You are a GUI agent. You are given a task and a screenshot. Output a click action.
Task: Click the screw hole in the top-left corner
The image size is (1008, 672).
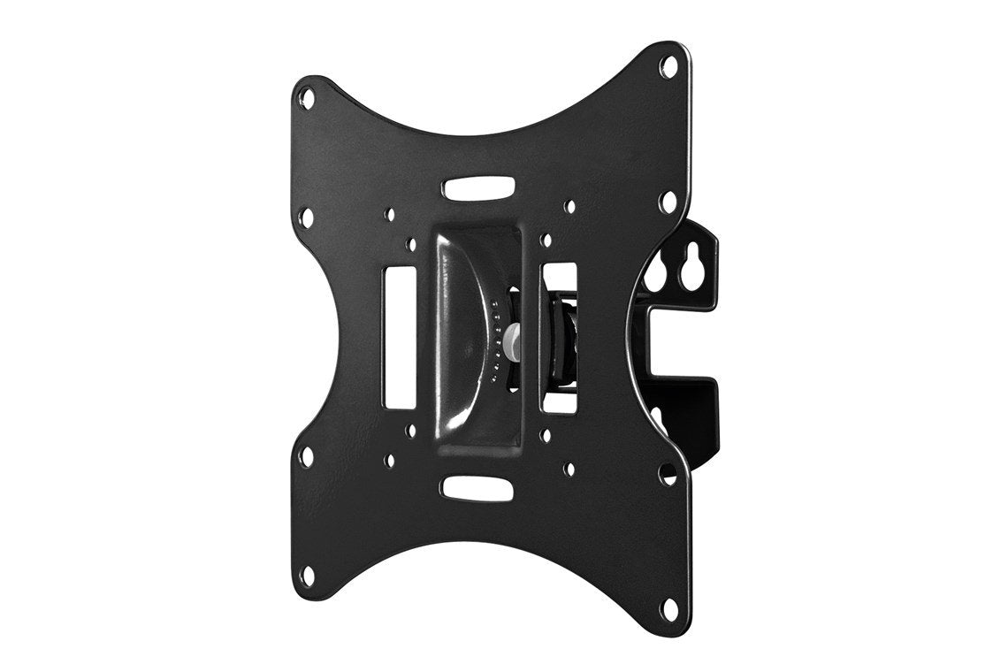306,91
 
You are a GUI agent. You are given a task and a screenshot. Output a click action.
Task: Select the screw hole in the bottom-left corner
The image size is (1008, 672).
307,576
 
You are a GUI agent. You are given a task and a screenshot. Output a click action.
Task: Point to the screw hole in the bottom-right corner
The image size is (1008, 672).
670,607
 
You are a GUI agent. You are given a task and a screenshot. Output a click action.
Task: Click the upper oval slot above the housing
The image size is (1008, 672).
477,188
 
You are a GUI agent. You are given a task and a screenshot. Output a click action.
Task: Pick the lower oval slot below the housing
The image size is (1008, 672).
477,485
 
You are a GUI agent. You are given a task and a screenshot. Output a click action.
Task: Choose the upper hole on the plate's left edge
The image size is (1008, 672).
306,215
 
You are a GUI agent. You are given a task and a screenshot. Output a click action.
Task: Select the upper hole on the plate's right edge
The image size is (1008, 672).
669,202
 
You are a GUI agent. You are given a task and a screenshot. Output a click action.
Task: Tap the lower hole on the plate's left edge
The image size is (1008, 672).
307,456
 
